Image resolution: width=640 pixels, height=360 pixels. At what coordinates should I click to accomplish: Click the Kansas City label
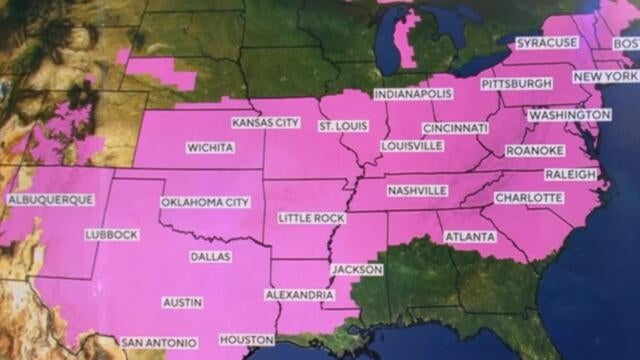pos(265,123)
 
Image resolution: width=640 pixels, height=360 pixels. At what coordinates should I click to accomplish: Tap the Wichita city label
pos(210,148)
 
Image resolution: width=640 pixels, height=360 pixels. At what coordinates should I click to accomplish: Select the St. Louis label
pos(343,126)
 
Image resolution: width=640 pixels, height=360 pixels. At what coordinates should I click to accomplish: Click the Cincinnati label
pos(455,129)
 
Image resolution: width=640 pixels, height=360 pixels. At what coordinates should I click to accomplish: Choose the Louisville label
pos(411,146)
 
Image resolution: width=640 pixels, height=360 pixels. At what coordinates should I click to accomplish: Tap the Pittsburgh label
pos(516,83)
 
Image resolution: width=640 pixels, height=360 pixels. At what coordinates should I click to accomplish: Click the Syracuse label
pos(547,44)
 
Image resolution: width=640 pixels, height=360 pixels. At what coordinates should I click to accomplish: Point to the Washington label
pos(568,115)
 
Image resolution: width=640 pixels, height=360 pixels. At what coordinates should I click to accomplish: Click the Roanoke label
pos(535,151)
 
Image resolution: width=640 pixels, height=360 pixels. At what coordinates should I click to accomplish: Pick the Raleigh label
pos(570,175)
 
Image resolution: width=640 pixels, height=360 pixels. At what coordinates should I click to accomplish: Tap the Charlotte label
pos(528,198)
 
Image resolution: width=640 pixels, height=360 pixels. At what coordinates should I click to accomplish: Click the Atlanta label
pos(470,237)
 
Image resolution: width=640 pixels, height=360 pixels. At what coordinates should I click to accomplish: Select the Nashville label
pos(417,191)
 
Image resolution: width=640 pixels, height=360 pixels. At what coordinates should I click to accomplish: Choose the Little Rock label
pos(312,218)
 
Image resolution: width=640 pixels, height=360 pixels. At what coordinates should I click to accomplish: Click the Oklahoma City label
pos(205,203)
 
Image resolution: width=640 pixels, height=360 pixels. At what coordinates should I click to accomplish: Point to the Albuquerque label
pos(50,200)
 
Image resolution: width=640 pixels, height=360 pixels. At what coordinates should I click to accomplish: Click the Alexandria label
pos(299,295)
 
